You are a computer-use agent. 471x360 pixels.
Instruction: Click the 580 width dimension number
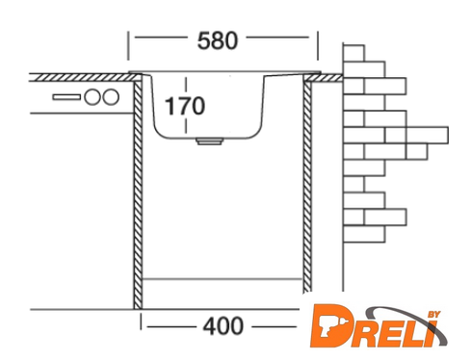pyautogui.click(x=218, y=40)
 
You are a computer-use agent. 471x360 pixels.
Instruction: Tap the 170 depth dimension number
pyautogui.click(x=185, y=106)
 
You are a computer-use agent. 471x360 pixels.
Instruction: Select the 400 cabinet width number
pyautogui.click(x=223, y=326)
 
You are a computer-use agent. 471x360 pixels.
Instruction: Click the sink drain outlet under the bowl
pyautogui.click(x=209, y=141)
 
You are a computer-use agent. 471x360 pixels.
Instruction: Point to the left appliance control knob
pyautogui.click(x=92, y=97)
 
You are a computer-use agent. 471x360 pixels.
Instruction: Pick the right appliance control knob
pyautogui.click(x=111, y=97)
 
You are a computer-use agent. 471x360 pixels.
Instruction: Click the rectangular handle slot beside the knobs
pyautogui.click(x=66, y=97)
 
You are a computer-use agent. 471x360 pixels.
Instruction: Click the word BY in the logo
pyautogui.click(x=434, y=315)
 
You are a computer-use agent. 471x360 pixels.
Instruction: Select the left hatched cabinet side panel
pyautogui.click(x=138, y=195)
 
